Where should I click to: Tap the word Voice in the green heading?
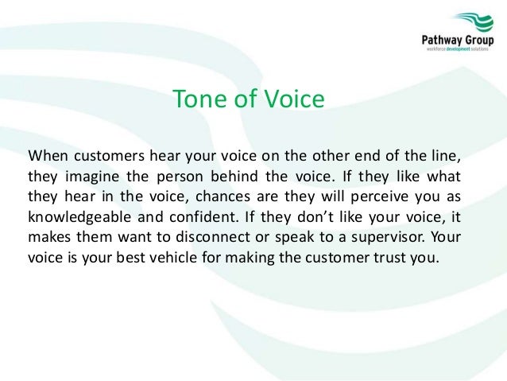(294, 100)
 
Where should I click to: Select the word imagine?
(86, 175)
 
